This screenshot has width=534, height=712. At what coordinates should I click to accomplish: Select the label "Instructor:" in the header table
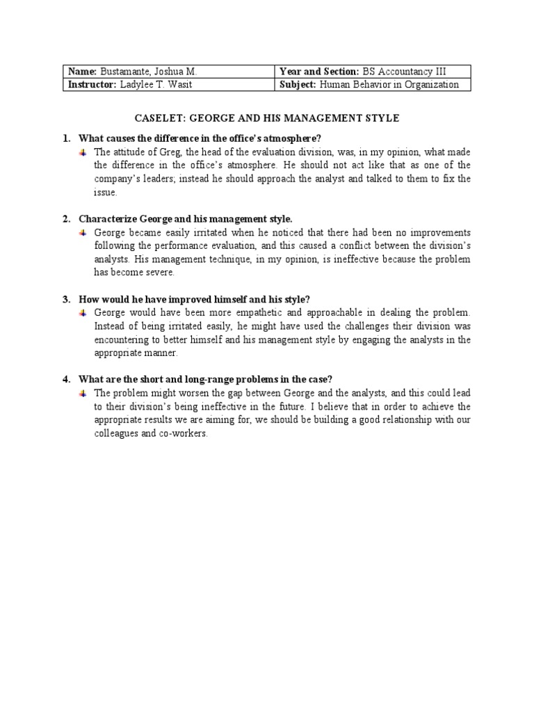pos(91,85)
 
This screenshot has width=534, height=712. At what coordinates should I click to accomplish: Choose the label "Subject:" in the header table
pos(298,85)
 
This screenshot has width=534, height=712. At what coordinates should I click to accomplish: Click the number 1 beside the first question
pos(65,138)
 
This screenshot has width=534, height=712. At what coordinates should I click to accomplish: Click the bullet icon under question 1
pos(83,152)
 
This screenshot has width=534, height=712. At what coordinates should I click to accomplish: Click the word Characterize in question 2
pos(108,219)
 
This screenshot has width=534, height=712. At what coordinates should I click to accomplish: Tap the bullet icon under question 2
pos(83,232)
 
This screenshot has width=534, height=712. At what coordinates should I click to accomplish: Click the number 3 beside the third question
pos(65,300)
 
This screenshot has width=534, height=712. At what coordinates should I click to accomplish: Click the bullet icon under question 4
pos(83,394)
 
